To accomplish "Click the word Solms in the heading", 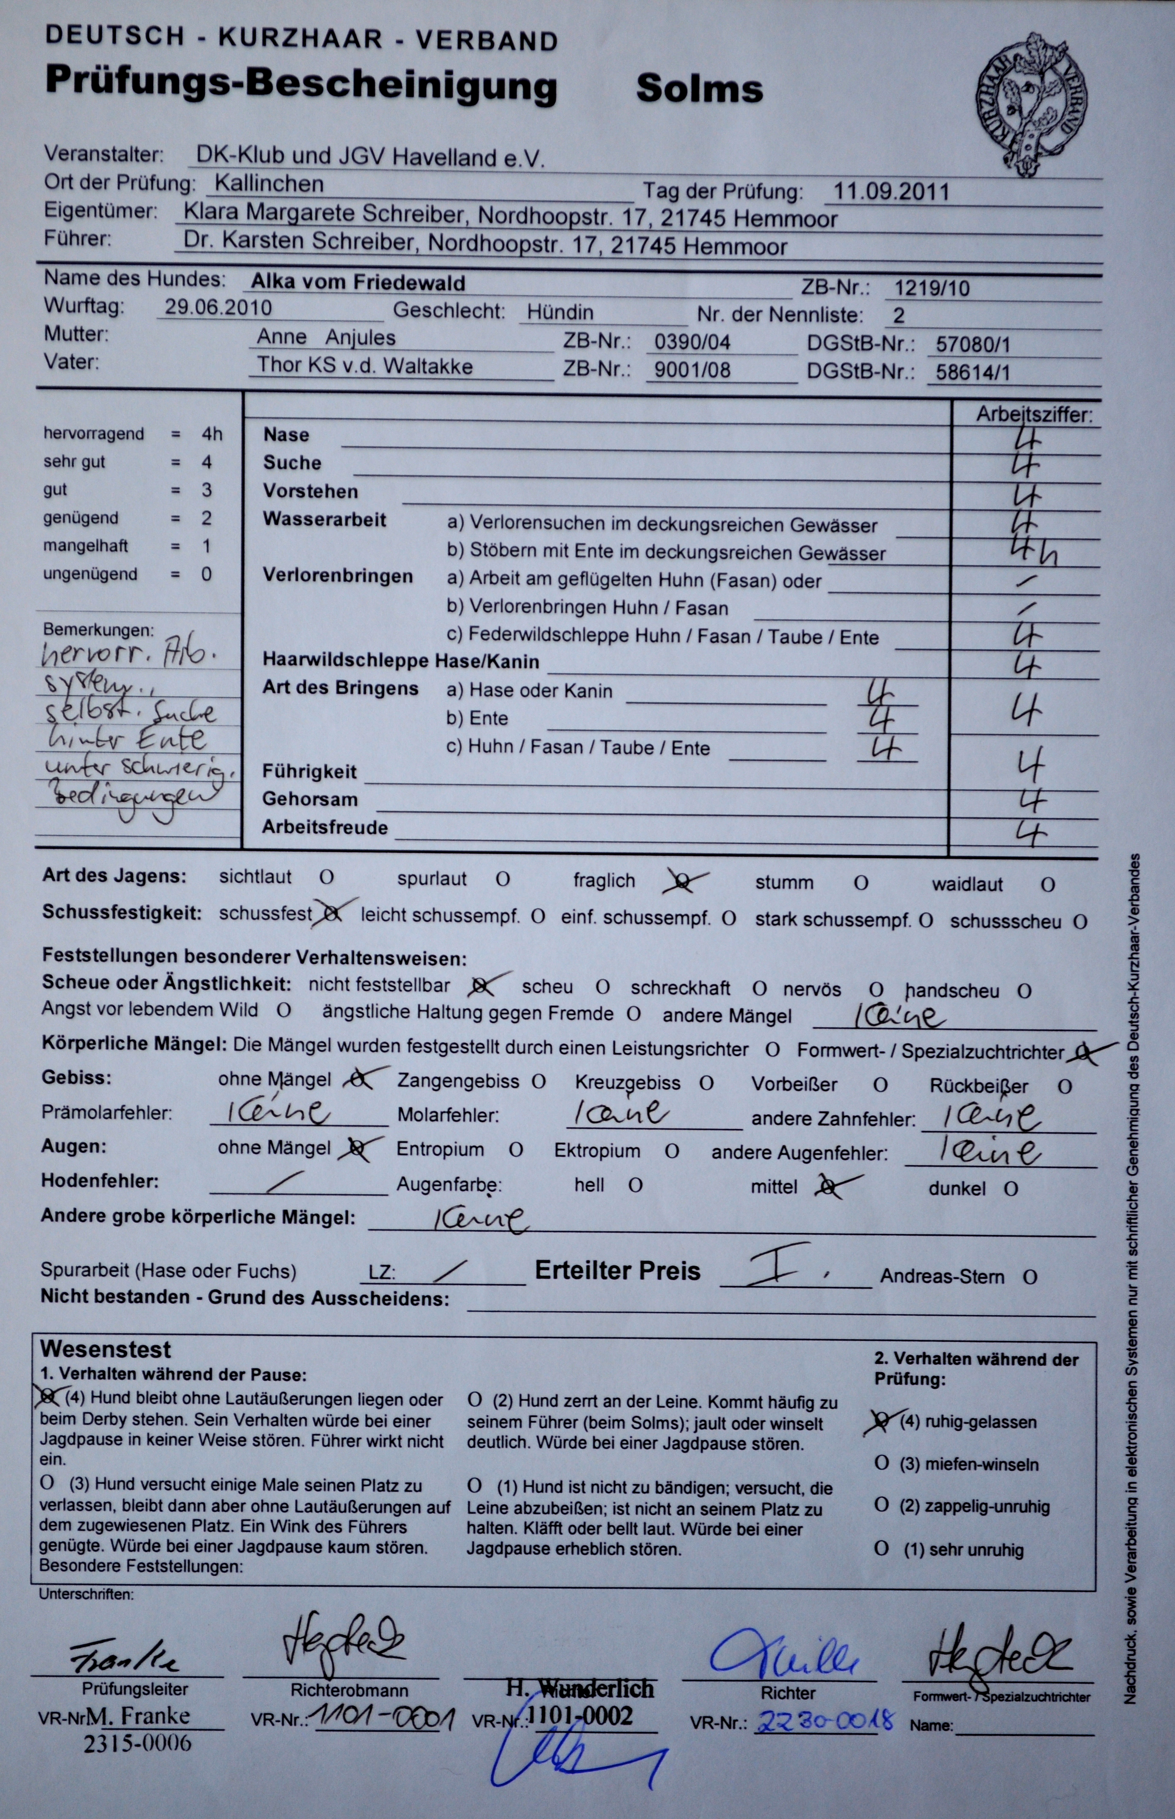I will [699, 89].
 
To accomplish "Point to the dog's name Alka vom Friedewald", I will [358, 283].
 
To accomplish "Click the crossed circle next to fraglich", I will [684, 882].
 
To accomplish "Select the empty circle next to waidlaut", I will [1048, 885].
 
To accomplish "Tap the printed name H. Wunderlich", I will [580, 1688].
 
